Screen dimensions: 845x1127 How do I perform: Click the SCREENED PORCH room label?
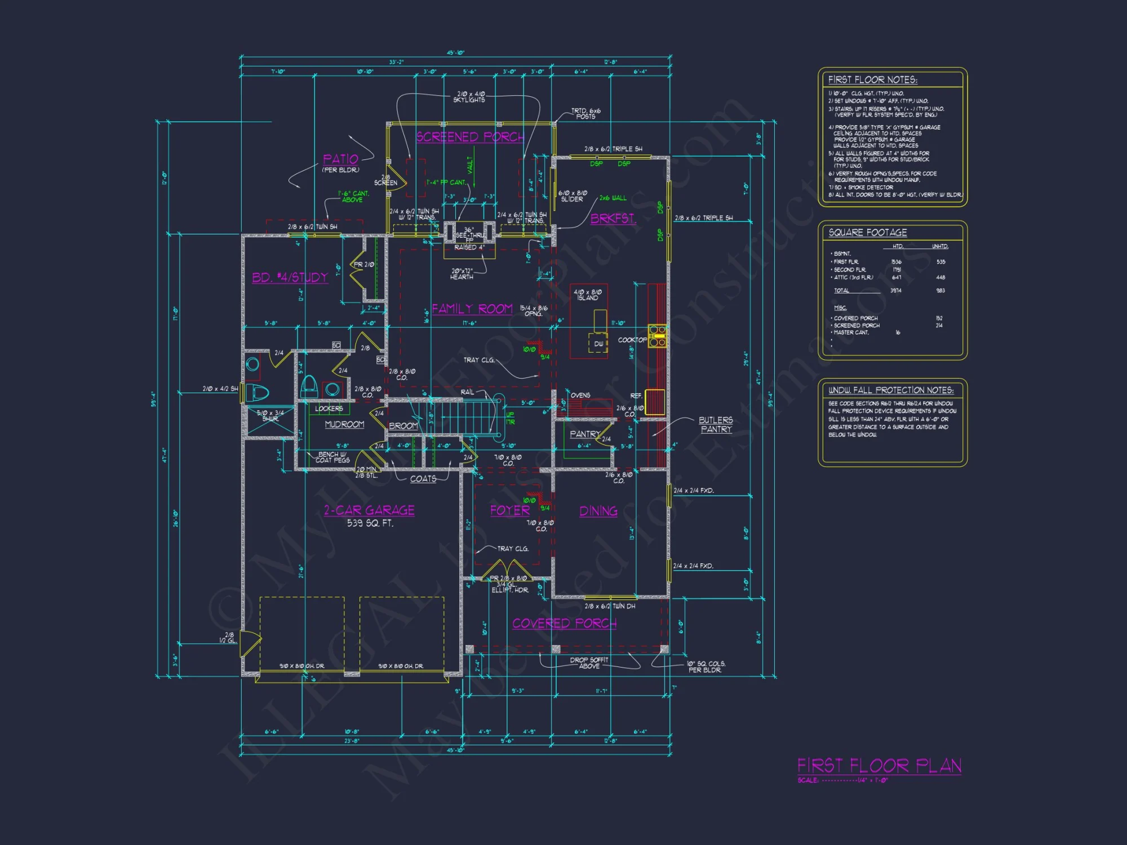(470, 137)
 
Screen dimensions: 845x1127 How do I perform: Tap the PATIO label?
(340, 159)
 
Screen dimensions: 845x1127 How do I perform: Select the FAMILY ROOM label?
(472, 309)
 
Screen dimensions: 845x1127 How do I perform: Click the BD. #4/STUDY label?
(290, 277)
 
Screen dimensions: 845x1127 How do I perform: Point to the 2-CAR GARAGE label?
(369, 510)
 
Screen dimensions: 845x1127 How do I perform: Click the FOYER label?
(509, 510)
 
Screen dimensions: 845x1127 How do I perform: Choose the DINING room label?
(598, 511)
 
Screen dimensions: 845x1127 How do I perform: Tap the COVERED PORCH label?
(564, 624)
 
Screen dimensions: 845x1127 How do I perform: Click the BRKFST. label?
(613, 219)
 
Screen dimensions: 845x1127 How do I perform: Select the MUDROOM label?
(344, 424)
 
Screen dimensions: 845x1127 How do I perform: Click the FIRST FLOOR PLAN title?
(879, 766)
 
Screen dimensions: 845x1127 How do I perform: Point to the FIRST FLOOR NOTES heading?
(872, 80)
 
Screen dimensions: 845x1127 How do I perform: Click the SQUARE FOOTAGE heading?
(868, 233)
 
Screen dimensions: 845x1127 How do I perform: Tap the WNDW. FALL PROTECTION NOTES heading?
(891, 390)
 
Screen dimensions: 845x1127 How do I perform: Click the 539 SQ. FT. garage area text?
(370, 523)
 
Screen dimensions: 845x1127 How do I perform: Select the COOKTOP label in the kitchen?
(632, 340)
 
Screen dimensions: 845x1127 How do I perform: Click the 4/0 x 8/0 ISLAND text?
(588, 295)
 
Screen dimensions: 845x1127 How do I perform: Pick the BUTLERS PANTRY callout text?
(716, 425)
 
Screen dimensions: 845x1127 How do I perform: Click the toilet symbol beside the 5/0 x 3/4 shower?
(259, 392)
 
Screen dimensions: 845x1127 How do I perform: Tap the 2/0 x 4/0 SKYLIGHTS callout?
(470, 97)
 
